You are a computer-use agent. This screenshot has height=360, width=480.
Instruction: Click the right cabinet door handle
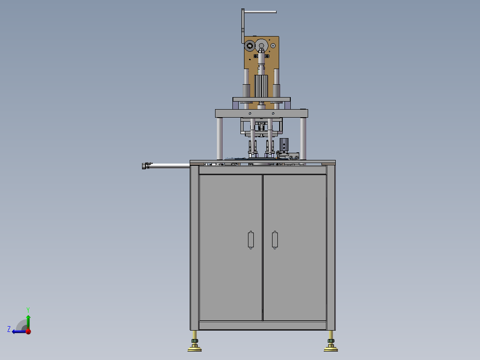tap(275, 240)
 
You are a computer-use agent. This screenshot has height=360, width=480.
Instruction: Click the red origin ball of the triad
tap(28, 331)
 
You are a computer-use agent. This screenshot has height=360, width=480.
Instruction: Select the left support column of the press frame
tap(220, 138)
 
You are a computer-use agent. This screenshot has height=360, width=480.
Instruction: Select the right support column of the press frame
tap(303, 138)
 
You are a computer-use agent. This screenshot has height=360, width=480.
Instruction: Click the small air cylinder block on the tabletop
tap(284, 145)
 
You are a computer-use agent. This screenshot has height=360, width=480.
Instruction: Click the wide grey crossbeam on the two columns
tap(261, 113)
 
